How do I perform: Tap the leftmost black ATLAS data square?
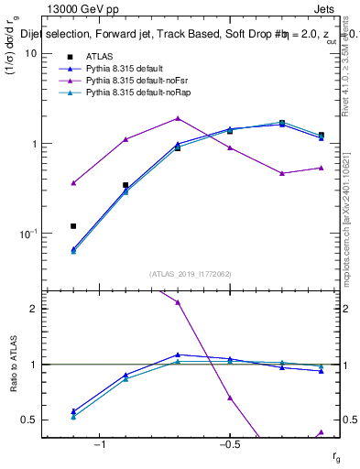point(73,225)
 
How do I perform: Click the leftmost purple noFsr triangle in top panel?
point(73,183)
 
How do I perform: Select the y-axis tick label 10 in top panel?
point(29,53)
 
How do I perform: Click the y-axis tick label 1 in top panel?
point(32,144)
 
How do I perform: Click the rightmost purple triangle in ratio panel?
point(321,431)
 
